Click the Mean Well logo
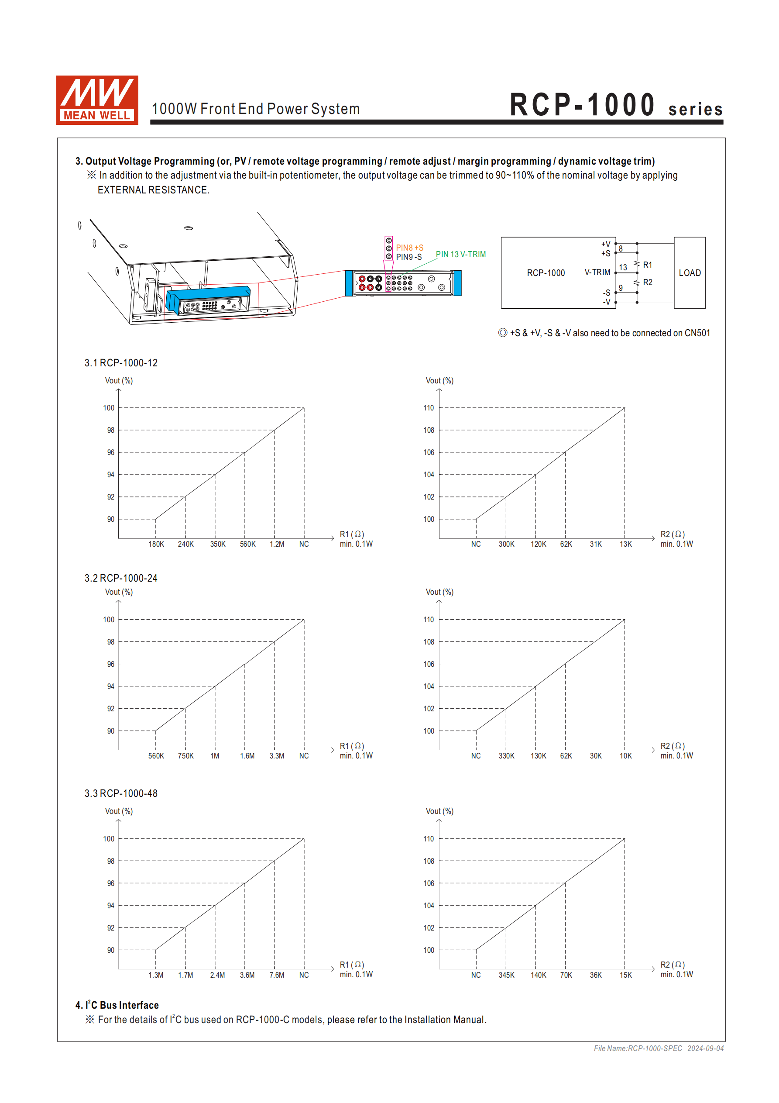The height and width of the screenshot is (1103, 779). click(97, 100)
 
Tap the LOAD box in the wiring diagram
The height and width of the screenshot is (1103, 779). click(689, 273)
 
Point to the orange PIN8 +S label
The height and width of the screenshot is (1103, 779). click(409, 248)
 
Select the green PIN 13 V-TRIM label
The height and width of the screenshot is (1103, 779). click(460, 255)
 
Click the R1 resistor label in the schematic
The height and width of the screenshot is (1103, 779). click(647, 265)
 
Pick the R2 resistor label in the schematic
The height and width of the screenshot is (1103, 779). click(647, 283)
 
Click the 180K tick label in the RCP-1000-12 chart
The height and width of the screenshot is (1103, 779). click(156, 544)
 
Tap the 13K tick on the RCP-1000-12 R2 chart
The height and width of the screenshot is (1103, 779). click(625, 544)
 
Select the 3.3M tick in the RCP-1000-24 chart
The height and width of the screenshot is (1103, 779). click(277, 756)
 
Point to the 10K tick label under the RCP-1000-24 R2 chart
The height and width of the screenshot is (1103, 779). click(625, 756)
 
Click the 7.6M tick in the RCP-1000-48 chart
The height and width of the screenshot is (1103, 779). click(277, 975)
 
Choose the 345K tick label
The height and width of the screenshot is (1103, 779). click(506, 975)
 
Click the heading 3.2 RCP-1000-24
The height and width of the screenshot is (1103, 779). click(121, 579)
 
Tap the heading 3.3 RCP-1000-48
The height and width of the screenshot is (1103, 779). click(121, 793)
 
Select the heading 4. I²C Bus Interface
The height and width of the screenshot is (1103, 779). click(117, 1005)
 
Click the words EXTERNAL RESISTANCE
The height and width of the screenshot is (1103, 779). click(153, 190)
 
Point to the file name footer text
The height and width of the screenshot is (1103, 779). click(659, 1048)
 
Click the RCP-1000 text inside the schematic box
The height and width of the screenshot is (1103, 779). click(546, 273)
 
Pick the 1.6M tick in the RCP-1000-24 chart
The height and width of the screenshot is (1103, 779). click(247, 756)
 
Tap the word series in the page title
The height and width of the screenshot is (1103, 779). click(696, 110)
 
